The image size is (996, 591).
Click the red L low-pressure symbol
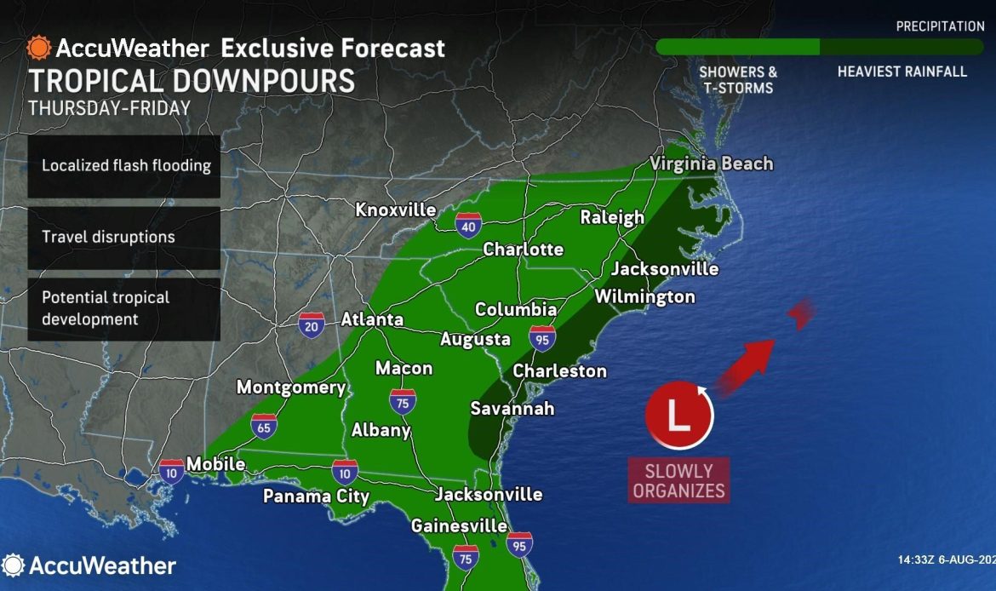678,416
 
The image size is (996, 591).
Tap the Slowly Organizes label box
678,480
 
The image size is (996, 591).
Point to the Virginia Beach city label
711,164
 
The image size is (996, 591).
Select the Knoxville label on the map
395,209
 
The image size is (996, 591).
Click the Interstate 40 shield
467,224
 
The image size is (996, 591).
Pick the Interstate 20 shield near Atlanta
312,324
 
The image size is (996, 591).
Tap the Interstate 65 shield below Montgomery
264,427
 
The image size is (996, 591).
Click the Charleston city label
559,371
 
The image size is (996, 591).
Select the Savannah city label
512,409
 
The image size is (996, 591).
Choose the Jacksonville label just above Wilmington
665,269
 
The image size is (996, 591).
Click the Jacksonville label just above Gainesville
488,494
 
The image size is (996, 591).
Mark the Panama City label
316,496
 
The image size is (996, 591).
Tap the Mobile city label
215,464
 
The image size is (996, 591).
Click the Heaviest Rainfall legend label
902,72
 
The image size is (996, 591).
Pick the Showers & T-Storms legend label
737,79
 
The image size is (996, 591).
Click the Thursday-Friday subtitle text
109,109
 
